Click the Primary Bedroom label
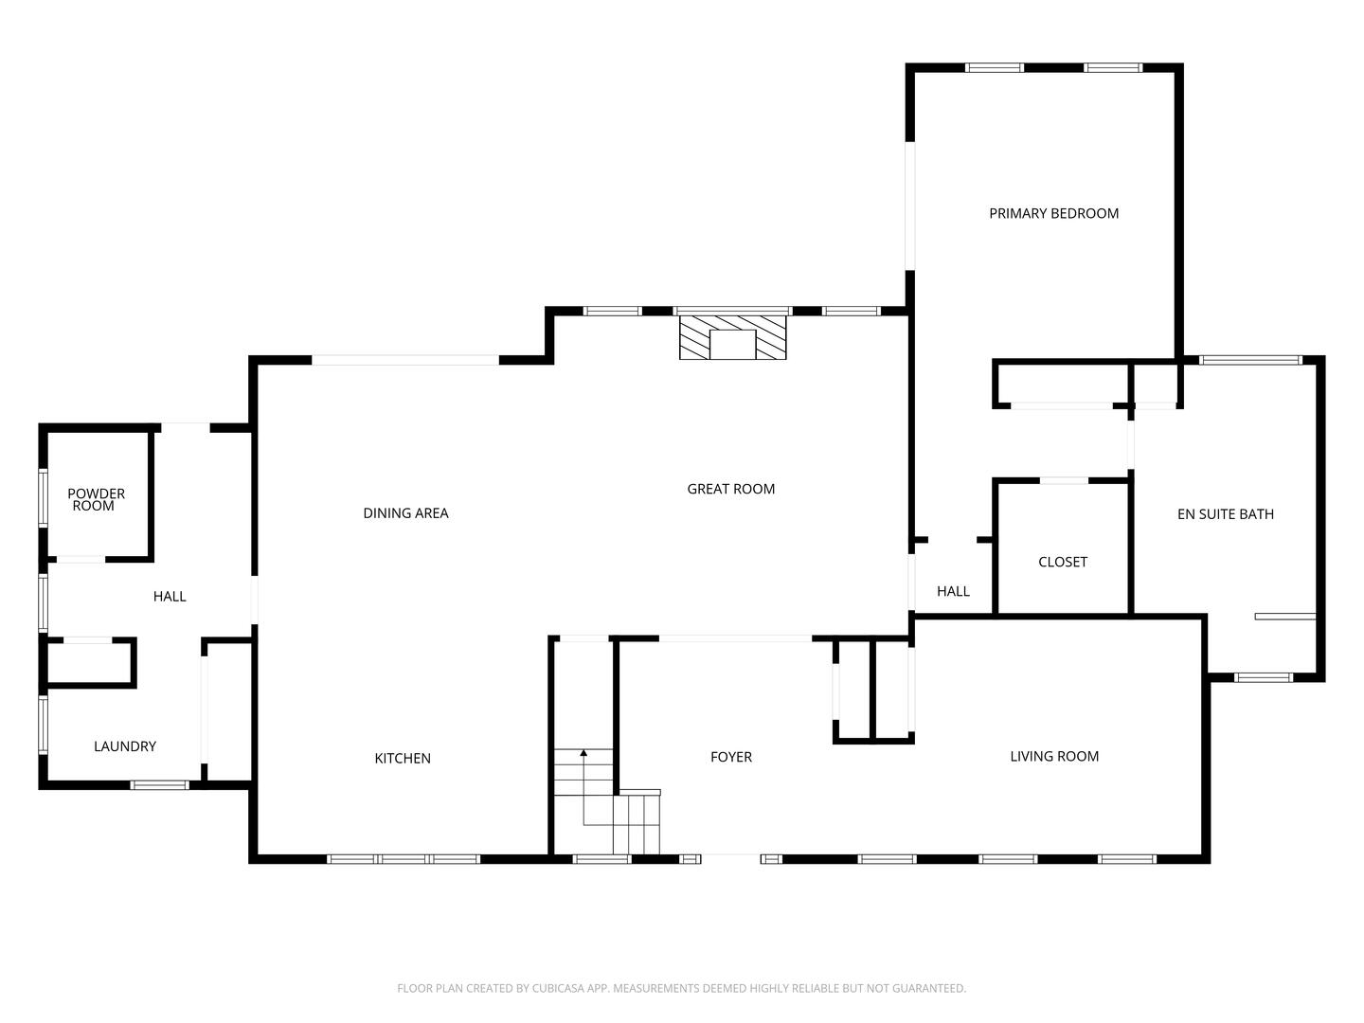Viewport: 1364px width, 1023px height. (x=1053, y=214)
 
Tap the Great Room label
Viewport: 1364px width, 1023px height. (x=730, y=490)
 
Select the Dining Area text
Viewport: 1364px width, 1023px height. (x=405, y=513)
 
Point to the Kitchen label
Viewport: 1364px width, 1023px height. (x=403, y=759)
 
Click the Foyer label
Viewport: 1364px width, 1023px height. (x=730, y=758)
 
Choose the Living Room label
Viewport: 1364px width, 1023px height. (x=1053, y=757)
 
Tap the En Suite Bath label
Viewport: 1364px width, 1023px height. (x=1225, y=515)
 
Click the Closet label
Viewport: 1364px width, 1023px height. (x=1062, y=563)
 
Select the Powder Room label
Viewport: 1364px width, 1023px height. (x=96, y=500)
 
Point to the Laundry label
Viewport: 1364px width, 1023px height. (x=124, y=747)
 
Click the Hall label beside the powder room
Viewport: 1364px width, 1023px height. (x=170, y=597)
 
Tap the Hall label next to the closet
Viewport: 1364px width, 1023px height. (x=953, y=592)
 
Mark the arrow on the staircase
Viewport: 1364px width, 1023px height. (x=583, y=753)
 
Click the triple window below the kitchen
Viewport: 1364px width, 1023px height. (x=404, y=859)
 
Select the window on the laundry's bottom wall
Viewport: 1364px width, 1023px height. (x=159, y=784)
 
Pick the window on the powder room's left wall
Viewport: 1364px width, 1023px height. (x=43, y=497)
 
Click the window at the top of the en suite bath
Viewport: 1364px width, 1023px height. (x=1250, y=360)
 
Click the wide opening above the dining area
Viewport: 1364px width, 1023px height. (x=405, y=360)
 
